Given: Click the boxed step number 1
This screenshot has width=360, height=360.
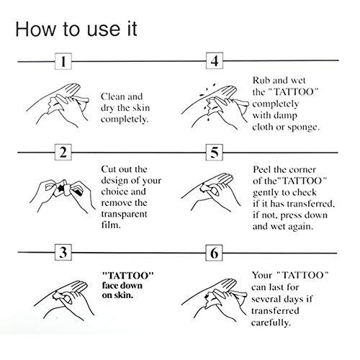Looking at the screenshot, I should tap(65, 62).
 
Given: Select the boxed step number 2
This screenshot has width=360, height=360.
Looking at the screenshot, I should tap(65, 154).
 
